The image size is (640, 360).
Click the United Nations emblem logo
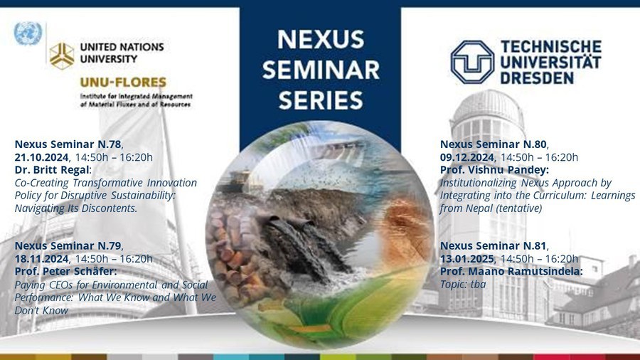(x=28, y=33)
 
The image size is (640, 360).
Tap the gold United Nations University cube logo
(x=62, y=55)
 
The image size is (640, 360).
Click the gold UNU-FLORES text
(x=123, y=83)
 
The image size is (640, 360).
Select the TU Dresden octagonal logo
(x=472, y=62)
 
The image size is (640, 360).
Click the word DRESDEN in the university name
(x=537, y=78)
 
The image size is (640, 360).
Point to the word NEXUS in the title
(x=321, y=40)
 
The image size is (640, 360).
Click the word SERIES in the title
(x=321, y=100)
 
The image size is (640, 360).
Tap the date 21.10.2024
(x=42, y=157)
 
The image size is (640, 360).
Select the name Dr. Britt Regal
(x=52, y=170)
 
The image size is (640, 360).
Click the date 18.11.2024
(x=42, y=259)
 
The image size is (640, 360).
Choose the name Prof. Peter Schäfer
(x=65, y=272)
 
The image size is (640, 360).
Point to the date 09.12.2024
(x=467, y=157)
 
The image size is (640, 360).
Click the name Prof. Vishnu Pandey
(x=494, y=170)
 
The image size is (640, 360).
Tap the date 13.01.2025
(x=467, y=259)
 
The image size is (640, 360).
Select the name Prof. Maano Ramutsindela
(x=511, y=272)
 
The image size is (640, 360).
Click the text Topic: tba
(x=463, y=284)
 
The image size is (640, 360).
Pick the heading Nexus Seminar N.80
(x=493, y=144)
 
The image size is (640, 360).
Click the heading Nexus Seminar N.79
(x=68, y=245)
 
